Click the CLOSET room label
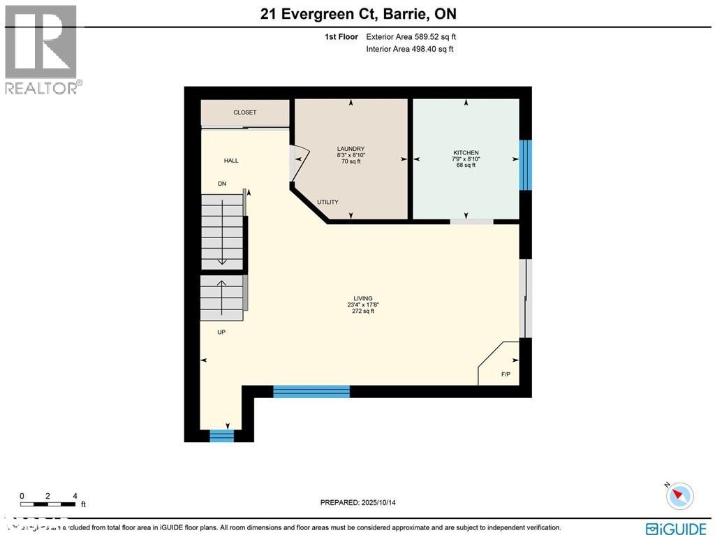tap(244, 112)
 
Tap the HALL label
tap(231, 161)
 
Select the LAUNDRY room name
tap(351, 148)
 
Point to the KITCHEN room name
tap(466, 152)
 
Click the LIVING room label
tap(363, 298)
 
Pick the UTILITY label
tap(327, 203)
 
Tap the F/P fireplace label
tap(506, 375)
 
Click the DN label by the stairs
tap(222, 184)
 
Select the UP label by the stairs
tap(221, 332)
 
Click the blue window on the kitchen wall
tap(526, 165)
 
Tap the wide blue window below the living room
tap(311, 391)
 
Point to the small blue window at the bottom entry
tap(222, 437)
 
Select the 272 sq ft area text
tap(363, 312)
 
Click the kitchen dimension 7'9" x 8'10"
tap(466, 159)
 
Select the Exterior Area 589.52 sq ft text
tap(411, 37)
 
